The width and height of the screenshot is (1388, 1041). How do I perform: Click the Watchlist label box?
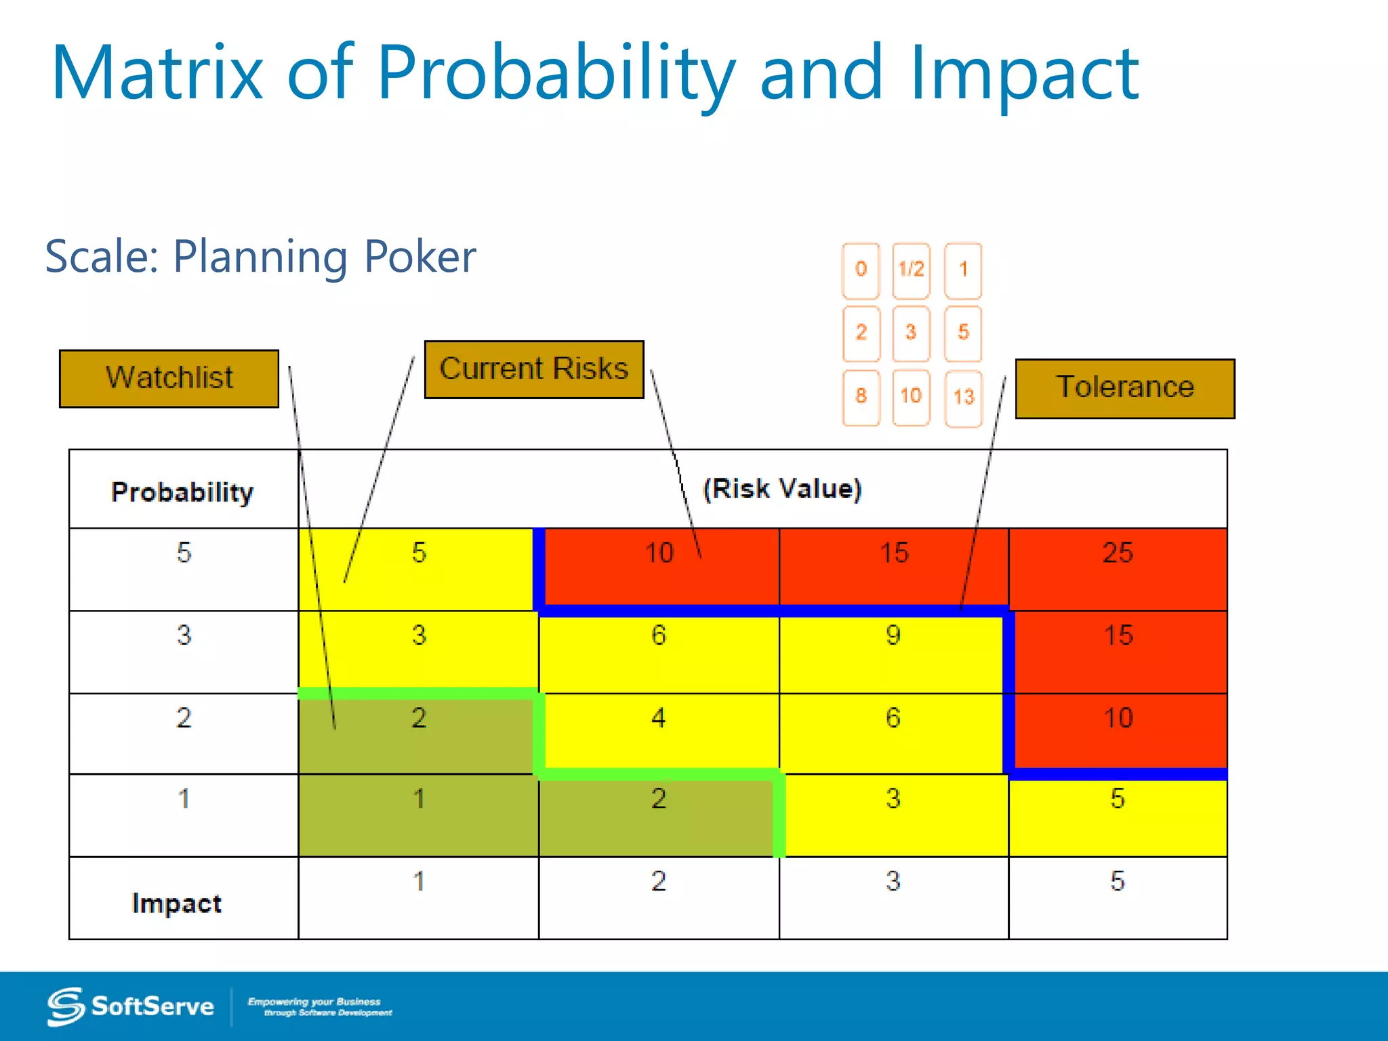pyautogui.click(x=169, y=378)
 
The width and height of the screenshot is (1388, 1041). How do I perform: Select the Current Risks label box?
pyautogui.click(x=534, y=369)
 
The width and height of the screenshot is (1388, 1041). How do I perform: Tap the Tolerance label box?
pyautogui.click(x=1125, y=388)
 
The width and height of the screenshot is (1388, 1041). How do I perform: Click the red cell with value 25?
pyautogui.click(x=1118, y=567)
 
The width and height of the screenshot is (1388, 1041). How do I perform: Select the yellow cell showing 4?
pyautogui.click(x=659, y=732)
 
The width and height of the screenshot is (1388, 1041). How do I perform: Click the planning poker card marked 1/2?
pyautogui.click(x=911, y=270)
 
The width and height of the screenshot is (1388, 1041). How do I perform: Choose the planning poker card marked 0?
pyautogui.click(x=861, y=270)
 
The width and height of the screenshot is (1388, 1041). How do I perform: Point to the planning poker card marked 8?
pyautogui.click(x=861, y=397)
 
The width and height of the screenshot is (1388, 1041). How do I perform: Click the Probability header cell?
pyautogui.click(x=183, y=491)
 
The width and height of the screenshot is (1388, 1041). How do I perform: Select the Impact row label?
pyautogui.click(x=178, y=902)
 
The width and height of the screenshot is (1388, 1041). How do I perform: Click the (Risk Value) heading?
pyautogui.click(x=781, y=489)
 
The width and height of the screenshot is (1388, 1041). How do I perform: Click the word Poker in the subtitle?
pyautogui.click(x=420, y=257)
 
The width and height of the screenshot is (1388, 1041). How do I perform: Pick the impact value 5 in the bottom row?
pyautogui.click(x=1117, y=882)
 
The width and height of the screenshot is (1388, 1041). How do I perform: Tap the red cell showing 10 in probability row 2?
pyautogui.click(x=1118, y=732)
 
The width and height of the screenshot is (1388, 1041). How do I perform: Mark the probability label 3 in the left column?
pyautogui.click(x=184, y=636)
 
